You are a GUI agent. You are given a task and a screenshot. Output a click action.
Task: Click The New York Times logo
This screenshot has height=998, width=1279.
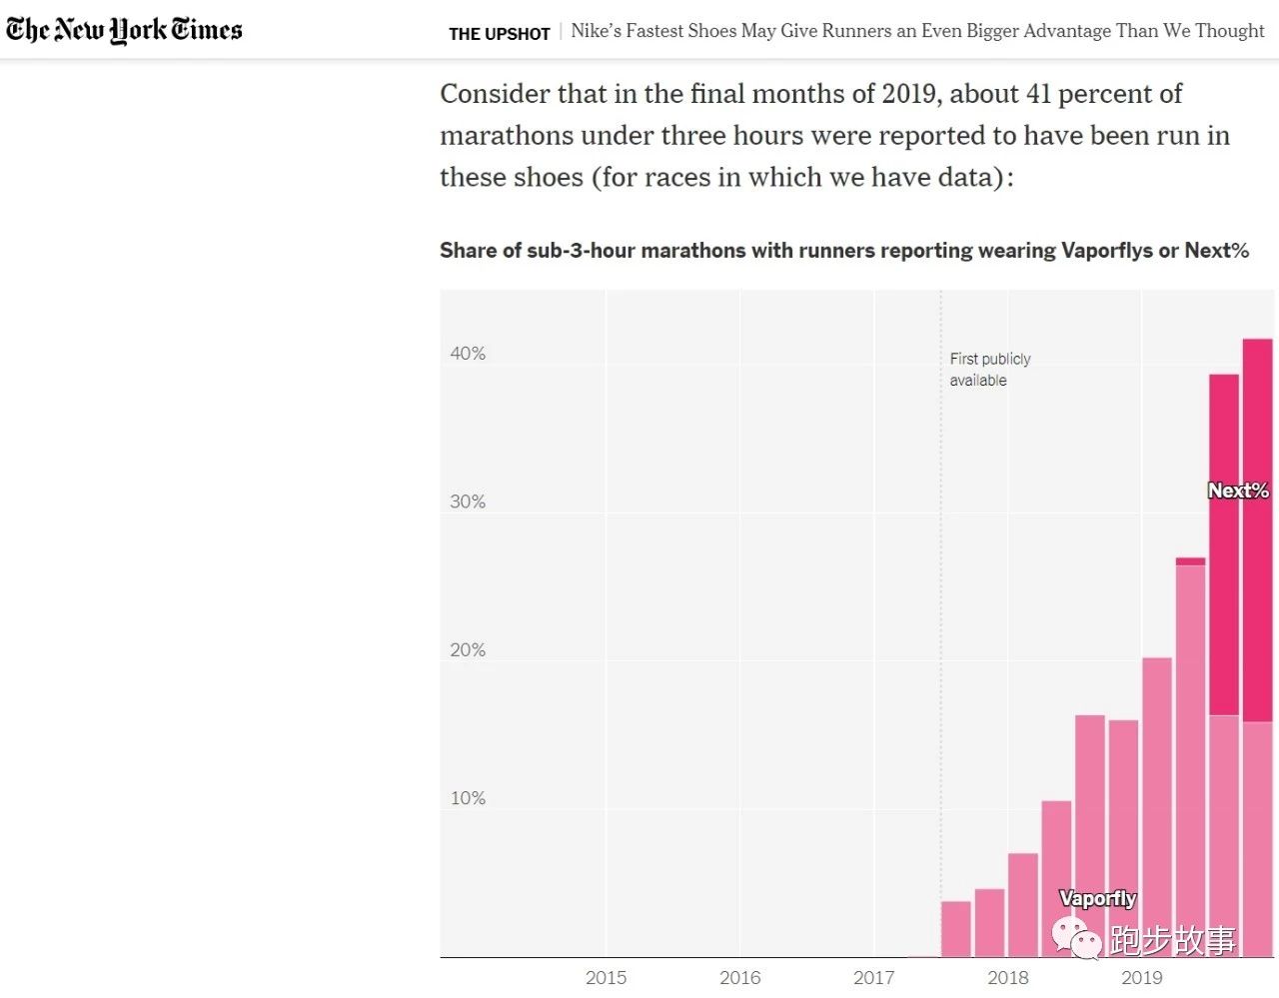[124, 30]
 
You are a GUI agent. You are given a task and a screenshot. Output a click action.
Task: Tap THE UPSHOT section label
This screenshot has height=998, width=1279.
[499, 34]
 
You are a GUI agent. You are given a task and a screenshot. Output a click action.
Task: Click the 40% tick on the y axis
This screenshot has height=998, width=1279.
[468, 354]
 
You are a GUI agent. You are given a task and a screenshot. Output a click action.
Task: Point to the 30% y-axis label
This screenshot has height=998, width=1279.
[468, 501]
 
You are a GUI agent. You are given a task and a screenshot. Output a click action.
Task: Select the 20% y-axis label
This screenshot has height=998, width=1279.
[468, 650]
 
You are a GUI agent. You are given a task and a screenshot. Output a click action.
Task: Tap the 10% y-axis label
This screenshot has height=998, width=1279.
[468, 798]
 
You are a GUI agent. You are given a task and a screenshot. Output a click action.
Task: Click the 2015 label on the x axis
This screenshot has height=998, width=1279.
[606, 978]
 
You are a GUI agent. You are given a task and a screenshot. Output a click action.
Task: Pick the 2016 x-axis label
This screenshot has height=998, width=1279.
[739, 978]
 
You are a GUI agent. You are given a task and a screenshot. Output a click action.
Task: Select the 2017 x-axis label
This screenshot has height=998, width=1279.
[873, 978]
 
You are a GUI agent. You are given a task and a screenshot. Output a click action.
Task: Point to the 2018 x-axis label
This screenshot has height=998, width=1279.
[1007, 978]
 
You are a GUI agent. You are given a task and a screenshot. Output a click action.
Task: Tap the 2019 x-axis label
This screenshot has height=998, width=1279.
[1141, 978]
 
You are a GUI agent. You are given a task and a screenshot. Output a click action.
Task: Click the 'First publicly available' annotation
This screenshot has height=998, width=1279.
[989, 370]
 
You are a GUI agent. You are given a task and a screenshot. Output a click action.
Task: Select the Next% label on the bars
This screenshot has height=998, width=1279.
[1238, 491]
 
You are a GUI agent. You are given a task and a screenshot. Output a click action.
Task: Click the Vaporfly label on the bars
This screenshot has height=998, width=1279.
[1097, 898]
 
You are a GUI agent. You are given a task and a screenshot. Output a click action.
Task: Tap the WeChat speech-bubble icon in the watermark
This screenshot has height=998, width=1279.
[1075, 938]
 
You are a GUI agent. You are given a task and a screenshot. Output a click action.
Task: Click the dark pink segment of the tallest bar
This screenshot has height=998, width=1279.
[1257, 529]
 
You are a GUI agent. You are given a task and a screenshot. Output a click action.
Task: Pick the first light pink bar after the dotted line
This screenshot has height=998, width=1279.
[955, 929]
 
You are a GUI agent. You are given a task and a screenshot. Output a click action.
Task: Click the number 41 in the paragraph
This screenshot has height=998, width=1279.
[1038, 94]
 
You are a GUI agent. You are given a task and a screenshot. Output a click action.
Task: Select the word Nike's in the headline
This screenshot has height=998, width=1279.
[596, 31]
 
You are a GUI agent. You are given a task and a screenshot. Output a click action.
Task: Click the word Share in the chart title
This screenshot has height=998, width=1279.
[467, 251]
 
